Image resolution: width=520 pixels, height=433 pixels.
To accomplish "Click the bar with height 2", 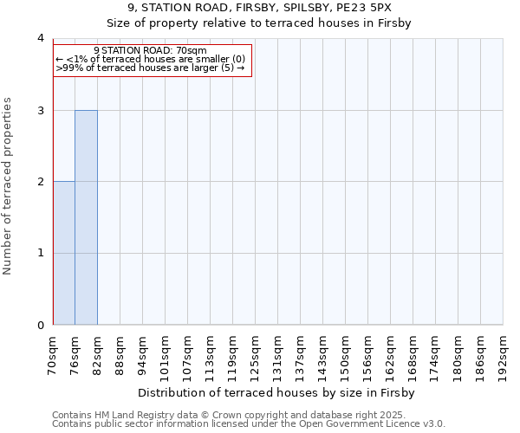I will coord(64,253).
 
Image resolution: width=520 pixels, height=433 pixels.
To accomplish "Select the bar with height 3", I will coord(86,217).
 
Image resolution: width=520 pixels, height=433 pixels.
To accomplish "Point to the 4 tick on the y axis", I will coord(41,38).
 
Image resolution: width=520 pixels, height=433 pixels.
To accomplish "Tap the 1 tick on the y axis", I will coord(41,254).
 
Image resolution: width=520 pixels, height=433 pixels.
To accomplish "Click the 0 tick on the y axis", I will coord(41,326).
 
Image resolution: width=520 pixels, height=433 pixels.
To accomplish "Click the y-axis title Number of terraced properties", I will coord(9,186).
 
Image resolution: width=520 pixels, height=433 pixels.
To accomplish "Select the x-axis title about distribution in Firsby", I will coord(277,392).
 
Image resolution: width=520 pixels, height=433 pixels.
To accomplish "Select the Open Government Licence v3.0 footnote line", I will coord(249,424).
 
